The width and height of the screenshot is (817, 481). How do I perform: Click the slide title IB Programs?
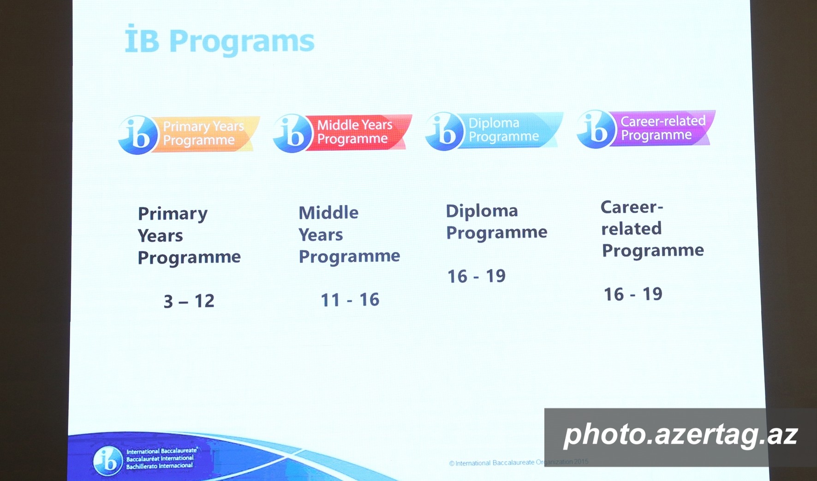[220, 41]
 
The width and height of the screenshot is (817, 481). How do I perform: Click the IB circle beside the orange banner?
[138, 135]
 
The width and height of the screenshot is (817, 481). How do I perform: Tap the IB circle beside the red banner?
[292, 133]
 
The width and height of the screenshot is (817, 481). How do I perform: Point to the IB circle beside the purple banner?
[596, 129]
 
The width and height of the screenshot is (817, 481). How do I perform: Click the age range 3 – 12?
[189, 301]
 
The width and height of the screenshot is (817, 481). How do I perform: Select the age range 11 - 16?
[350, 300]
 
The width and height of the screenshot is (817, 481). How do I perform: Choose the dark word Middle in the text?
[328, 213]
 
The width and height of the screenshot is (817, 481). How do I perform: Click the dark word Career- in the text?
[632, 207]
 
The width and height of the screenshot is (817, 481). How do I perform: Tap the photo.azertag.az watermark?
[681, 434]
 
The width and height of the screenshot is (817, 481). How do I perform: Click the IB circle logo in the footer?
[107, 461]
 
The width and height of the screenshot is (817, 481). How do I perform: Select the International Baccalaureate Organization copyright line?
[519, 462]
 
